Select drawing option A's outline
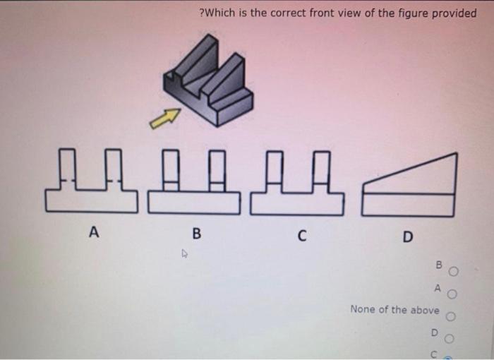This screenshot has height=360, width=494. (89, 183)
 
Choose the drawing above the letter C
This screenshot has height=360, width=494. (297, 183)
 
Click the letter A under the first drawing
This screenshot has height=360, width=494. (92, 231)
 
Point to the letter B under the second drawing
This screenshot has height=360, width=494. (196, 232)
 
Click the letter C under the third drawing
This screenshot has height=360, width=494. (301, 234)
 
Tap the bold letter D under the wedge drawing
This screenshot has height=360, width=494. (407, 236)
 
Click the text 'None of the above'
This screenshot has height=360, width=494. (394, 309)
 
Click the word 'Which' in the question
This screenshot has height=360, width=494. (219, 13)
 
